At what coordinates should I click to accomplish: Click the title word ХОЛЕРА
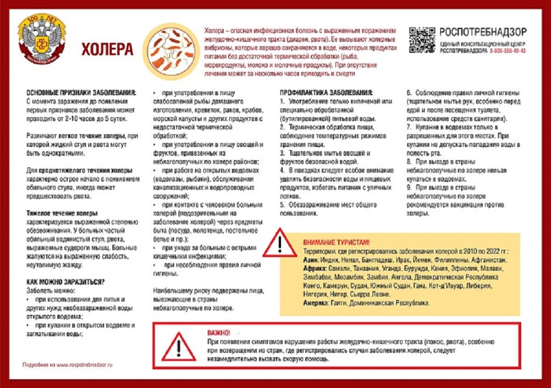click(107, 50)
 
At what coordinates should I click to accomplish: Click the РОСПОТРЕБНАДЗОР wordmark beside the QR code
click(483, 31)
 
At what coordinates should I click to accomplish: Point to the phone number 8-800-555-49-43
click(507, 51)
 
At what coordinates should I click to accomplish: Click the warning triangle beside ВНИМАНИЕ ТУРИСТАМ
click(279, 243)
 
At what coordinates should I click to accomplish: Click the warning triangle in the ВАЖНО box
click(178, 347)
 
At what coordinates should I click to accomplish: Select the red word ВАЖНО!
click(219, 333)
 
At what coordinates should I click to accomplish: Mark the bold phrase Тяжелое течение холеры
click(62, 213)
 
